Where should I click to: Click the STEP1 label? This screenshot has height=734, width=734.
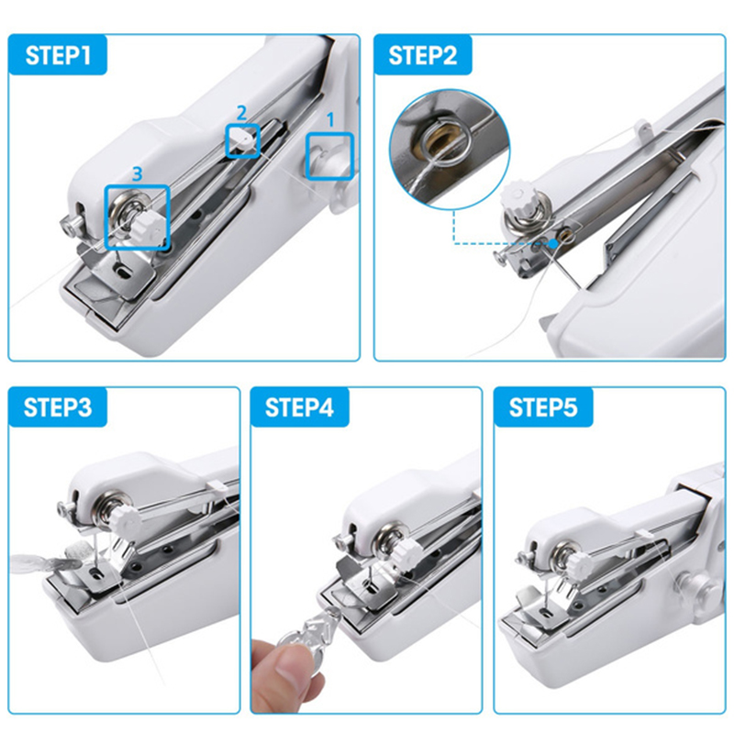[x=58, y=55]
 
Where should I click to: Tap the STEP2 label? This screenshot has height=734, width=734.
[x=423, y=55]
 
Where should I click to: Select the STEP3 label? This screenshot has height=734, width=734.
[x=58, y=407]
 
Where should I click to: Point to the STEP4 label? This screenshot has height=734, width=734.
[x=300, y=407]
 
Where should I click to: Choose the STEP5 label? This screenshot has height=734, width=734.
[x=543, y=407]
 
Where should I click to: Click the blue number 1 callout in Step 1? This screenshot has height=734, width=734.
[x=330, y=120]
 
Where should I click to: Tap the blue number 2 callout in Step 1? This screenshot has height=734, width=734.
[x=241, y=113]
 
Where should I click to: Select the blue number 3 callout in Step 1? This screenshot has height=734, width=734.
[x=137, y=173]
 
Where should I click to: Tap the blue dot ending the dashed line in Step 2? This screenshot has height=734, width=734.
[x=553, y=243]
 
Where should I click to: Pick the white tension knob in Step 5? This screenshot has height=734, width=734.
[x=578, y=564]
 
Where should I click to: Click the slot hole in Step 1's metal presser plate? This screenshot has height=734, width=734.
[x=123, y=270]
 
